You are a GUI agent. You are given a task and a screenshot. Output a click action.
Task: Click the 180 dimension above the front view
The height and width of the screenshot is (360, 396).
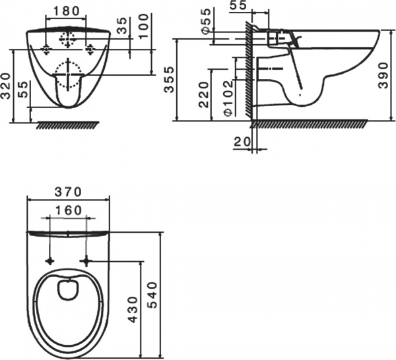(66, 11)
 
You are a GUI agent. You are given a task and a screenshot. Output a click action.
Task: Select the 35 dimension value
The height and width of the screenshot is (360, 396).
(123, 25)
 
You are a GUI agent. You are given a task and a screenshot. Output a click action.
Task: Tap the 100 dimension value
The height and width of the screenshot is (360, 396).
(144, 26)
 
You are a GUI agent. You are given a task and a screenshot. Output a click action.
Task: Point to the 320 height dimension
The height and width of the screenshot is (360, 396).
(5, 86)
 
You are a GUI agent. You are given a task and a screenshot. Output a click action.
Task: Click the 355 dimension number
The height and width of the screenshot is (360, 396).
(169, 80)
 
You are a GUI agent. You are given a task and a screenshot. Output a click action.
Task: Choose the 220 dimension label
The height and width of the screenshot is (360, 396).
(204, 94)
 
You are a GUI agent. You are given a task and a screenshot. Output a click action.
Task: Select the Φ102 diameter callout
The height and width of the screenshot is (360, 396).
(228, 98)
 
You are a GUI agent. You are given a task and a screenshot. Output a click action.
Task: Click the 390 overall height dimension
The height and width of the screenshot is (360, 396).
(383, 75)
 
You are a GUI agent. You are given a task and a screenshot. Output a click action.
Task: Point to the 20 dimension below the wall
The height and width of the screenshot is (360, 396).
(242, 142)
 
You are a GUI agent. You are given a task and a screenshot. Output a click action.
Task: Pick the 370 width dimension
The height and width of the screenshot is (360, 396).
(68, 192)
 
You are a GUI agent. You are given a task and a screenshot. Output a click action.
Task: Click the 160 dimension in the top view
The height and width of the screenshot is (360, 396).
(68, 210)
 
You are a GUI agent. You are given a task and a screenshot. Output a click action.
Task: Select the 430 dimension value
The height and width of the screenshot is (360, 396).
(133, 309)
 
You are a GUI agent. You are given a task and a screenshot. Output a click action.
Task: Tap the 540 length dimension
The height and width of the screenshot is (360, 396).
(152, 295)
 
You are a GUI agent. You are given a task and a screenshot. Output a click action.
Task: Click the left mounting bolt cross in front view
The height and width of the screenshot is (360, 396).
(46, 49)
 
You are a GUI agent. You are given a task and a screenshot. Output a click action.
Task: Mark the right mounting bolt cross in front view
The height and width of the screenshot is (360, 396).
(90, 49)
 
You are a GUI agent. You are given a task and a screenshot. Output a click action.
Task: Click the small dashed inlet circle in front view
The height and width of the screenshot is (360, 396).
(68, 40)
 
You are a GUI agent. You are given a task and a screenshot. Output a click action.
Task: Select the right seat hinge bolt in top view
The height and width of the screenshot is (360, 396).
(86, 261)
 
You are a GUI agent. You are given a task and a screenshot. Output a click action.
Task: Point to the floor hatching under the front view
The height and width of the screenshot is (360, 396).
(68, 125)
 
